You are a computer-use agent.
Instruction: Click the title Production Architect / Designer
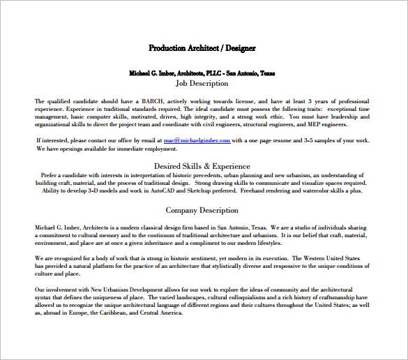[202, 48]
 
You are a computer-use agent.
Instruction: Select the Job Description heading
[202, 83]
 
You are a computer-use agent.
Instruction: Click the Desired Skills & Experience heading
[202, 166]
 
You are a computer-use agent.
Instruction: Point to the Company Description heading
[202, 210]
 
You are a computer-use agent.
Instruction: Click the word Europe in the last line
[72, 313]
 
